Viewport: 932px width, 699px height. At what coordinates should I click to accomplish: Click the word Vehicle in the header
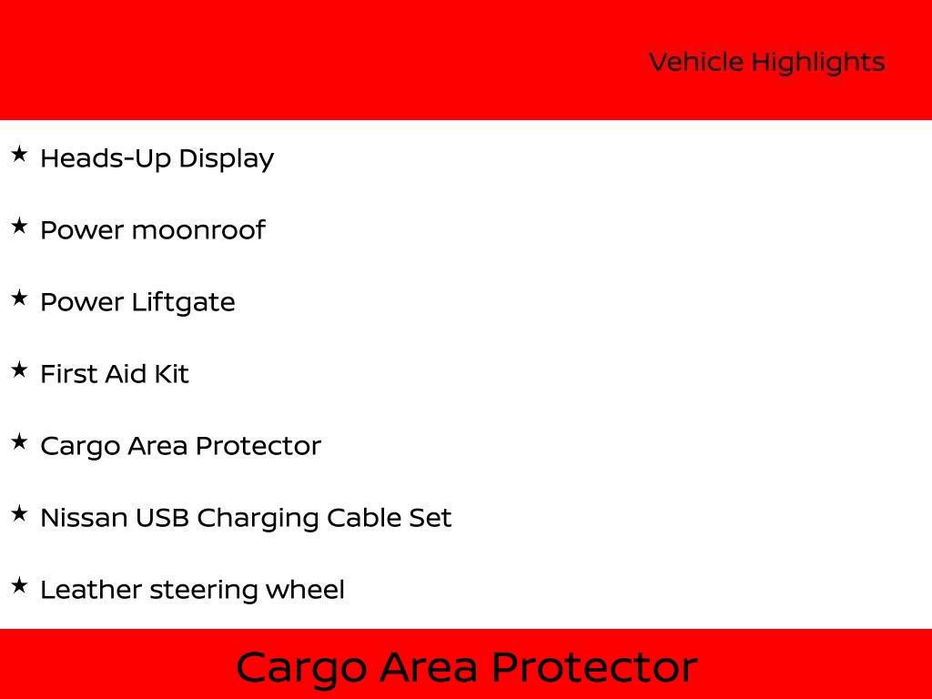(696, 63)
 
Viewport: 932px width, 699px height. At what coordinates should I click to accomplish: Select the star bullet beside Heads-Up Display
(19, 155)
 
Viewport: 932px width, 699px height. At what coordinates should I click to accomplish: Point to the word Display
(226, 159)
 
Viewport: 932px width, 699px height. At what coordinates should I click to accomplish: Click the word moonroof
(198, 230)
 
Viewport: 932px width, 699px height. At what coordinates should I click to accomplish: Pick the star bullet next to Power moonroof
(19, 227)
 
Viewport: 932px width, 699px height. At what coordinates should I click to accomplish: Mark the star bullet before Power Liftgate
(19, 299)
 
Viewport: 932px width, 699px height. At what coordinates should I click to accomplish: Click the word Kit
(171, 374)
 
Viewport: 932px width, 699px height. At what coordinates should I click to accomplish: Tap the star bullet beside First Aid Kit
(19, 370)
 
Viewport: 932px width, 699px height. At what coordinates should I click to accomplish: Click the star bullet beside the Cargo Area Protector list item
(19, 442)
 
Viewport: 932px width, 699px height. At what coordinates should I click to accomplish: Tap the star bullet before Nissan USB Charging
(19, 514)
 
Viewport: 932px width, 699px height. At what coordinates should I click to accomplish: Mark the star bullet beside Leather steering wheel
(19, 586)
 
